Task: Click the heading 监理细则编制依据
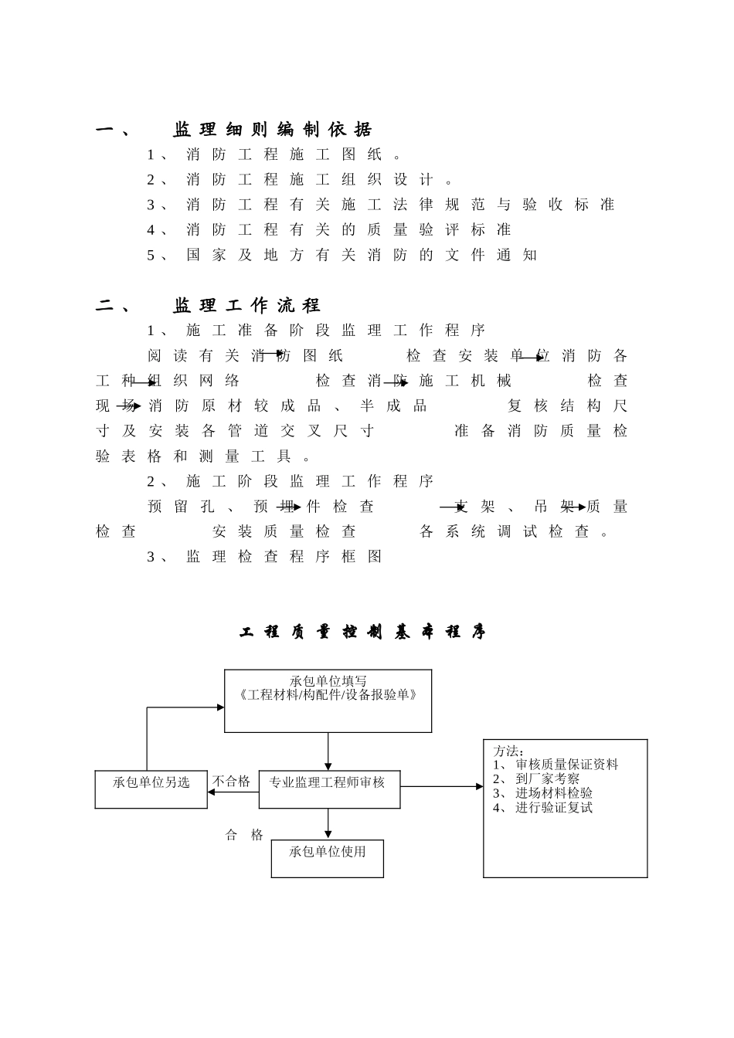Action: point(272,130)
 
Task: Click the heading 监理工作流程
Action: point(246,306)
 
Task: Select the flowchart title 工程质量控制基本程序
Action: point(362,633)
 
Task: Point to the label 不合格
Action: point(232,782)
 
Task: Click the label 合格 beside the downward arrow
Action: point(244,835)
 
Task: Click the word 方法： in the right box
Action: point(509,751)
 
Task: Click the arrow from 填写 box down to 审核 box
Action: point(328,751)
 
